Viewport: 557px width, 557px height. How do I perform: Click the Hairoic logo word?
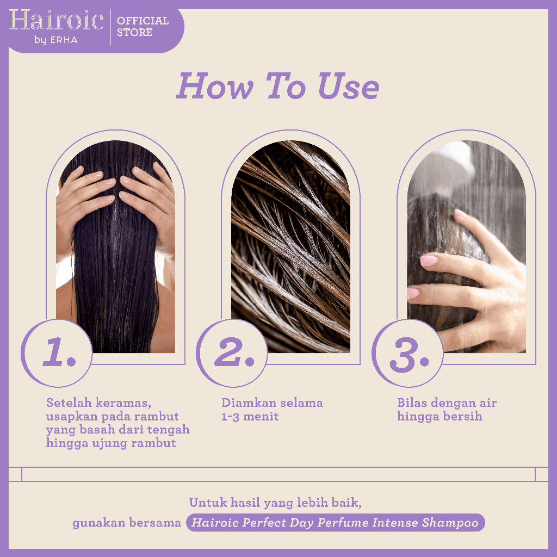click(x=56, y=21)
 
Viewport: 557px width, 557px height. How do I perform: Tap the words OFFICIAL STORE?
click(x=143, y=27)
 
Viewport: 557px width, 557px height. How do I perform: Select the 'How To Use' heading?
click(x=277, y=86)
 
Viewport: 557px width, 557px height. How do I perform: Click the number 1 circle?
click(x=57, y=353)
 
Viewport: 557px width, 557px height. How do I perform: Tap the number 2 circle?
click(x=232, y=353)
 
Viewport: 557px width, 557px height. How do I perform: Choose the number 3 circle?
click(x=407, y=353)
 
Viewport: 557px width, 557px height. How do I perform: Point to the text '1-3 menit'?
click(x=250, y=417)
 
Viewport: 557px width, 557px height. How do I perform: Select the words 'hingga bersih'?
click(x=440, y=417)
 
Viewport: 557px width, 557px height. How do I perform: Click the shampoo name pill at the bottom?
click(x=335, y=523)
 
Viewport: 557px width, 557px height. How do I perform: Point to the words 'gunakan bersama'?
click(x=127, y=523)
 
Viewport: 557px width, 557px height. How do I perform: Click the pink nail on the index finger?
click(x=429, y=261)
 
